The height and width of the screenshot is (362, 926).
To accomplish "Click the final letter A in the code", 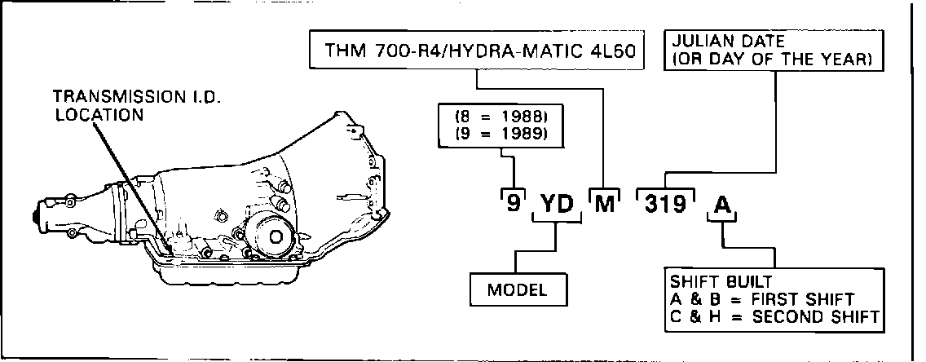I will tap(721, 201).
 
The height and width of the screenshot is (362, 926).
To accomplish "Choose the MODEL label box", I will tap(517, 290).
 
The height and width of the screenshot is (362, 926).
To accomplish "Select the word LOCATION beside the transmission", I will tap(99, 115).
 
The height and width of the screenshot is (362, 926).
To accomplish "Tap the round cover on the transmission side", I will tap(271, 235).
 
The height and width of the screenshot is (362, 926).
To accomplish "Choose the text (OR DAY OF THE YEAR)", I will tap(770, 60).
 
